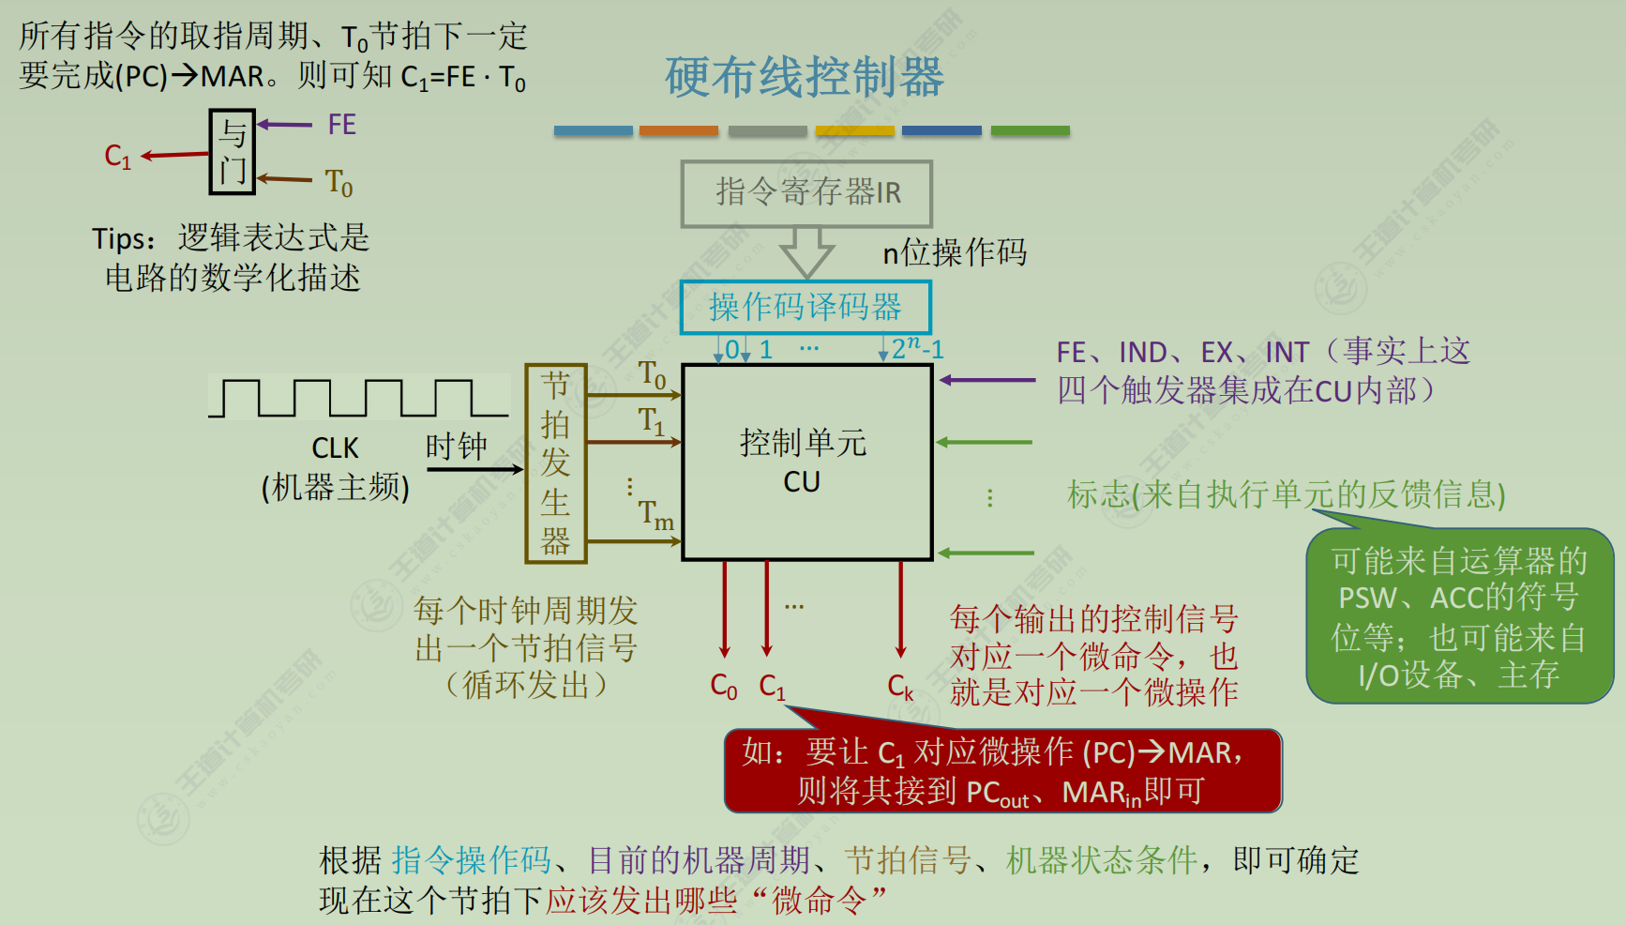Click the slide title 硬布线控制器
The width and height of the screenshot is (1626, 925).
click(805, 77)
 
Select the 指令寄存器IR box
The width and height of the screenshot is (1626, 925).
click(806, 193)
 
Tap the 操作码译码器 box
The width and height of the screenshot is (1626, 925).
click(805, 307)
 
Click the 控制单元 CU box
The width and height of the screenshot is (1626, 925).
click(806, 462)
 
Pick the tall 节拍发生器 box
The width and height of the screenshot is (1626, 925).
click(555, 463)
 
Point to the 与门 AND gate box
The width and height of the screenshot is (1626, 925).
click(232, 152)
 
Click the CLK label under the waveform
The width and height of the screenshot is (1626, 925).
click(335, 448)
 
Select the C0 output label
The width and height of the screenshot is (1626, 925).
click(723, 687)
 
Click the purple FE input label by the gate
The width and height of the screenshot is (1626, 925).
click(341, 125)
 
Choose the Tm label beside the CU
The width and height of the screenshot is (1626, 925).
click(656, 515)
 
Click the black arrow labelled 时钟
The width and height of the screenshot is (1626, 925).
click(474, 469)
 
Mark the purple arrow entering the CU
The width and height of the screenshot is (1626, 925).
click(986, 380)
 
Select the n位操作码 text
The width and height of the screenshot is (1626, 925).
click(955, 252)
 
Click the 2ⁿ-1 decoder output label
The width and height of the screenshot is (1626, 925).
click(917, 349)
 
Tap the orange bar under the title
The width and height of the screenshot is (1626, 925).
click(678, 131)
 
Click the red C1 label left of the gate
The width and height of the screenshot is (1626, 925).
click(118, 156)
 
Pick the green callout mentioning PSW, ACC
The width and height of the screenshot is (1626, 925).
click(1459, 616)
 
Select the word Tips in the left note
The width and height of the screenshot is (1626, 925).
click(121, 239)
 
